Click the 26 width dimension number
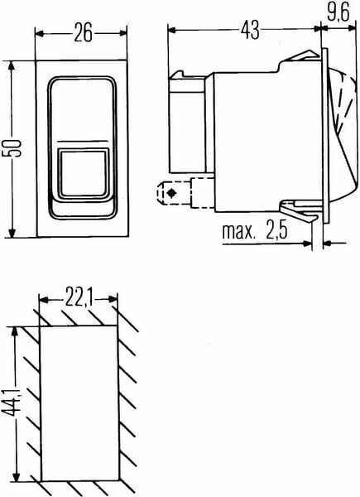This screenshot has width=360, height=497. tap(84, 32)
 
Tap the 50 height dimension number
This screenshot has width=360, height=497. tap(12, 148)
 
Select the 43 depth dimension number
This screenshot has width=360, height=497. tap(250, 30)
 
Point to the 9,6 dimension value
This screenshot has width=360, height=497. tap(338, 12)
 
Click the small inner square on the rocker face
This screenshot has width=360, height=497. tap(83, 173)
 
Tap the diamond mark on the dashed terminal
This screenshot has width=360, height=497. tap(172, 192)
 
